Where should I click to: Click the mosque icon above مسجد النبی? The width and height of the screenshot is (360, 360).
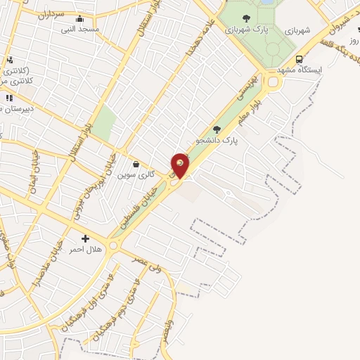(79, 19)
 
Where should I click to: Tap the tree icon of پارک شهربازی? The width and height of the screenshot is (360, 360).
(245, 19)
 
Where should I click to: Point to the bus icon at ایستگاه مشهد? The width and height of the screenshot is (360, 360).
(300, 59)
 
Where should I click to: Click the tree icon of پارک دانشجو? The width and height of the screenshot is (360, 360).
(217, 129)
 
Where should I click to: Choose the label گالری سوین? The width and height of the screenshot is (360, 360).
(136, 174)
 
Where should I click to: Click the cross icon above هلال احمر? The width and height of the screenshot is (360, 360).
(85, 239)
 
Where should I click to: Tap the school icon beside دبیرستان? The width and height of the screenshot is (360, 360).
(8, 98)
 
